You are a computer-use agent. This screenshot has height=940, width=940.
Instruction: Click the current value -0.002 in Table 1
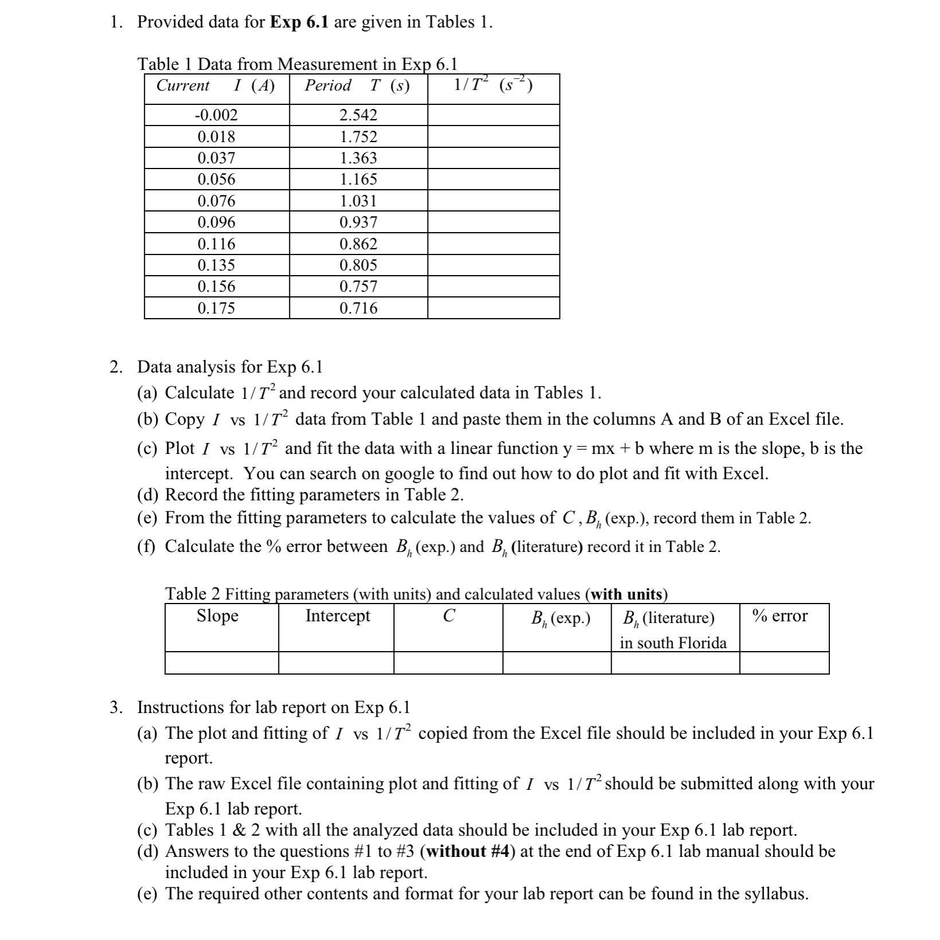216,115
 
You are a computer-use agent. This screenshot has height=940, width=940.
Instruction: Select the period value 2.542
358,115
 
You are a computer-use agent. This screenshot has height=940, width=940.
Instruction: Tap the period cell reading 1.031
358,201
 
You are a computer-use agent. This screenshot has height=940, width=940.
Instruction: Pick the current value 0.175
216,308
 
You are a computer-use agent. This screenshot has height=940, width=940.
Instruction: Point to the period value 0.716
358,308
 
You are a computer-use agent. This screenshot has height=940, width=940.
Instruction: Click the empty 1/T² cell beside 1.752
493,137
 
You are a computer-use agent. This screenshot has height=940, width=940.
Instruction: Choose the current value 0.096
216,222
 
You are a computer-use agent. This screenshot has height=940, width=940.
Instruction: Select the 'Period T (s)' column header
357,86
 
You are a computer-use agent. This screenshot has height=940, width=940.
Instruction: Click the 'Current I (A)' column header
216,86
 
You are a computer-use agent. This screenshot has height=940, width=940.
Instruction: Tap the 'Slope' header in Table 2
217,616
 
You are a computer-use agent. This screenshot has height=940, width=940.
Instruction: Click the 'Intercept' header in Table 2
338,616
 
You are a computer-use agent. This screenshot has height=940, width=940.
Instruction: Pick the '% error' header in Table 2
780,616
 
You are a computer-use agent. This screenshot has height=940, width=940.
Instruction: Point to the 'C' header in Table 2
449,616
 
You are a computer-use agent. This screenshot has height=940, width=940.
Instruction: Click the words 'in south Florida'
673,643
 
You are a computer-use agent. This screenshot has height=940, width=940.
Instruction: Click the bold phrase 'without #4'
469,852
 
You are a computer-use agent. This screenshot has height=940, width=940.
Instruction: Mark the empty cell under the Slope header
221,663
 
